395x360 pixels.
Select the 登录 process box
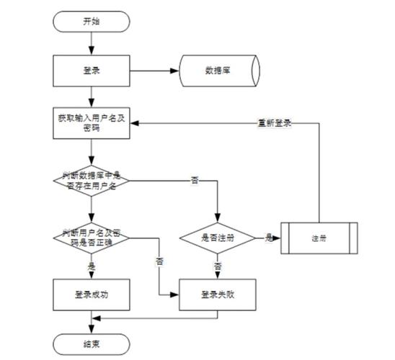click(91, 71)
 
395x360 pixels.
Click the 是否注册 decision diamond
click(217, 238)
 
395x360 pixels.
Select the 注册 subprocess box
click(319, 238)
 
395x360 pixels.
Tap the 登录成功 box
click(91, 295)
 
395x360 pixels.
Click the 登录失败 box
click(217, 295)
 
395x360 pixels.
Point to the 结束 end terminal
click(91, 344)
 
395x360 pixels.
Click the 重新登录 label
click(275, 122)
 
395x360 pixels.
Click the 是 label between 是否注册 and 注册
click(268, 237)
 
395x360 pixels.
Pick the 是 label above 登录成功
click(91, 266)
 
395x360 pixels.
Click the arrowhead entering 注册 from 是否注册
click(277, 238)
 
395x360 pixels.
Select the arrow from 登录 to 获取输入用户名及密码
click(91, 96)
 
